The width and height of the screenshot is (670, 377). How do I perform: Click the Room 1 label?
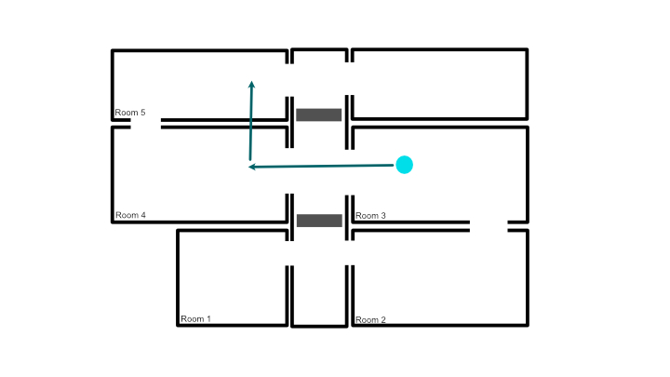195,319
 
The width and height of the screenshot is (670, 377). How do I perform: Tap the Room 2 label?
370,319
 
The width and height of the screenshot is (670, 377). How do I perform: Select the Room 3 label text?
370,216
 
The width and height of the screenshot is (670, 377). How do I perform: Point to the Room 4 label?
130,215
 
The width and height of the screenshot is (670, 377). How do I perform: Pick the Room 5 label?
130,113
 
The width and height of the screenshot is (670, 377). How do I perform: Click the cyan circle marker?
404,165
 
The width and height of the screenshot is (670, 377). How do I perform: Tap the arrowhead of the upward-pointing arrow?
251,84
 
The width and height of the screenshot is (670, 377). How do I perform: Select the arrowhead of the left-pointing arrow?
252,167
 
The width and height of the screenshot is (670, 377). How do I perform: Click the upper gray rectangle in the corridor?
319,115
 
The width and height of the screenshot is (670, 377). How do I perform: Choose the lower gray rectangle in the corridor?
319,221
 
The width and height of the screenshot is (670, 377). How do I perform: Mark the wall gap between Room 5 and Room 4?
146,124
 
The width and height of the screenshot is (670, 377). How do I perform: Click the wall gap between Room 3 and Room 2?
489,226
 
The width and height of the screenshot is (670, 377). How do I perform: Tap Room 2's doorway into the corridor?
350,253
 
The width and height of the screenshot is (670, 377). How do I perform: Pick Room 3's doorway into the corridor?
350,172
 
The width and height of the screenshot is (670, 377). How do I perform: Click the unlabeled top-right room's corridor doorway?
350,78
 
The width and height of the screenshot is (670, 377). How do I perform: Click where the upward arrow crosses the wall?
251,124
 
